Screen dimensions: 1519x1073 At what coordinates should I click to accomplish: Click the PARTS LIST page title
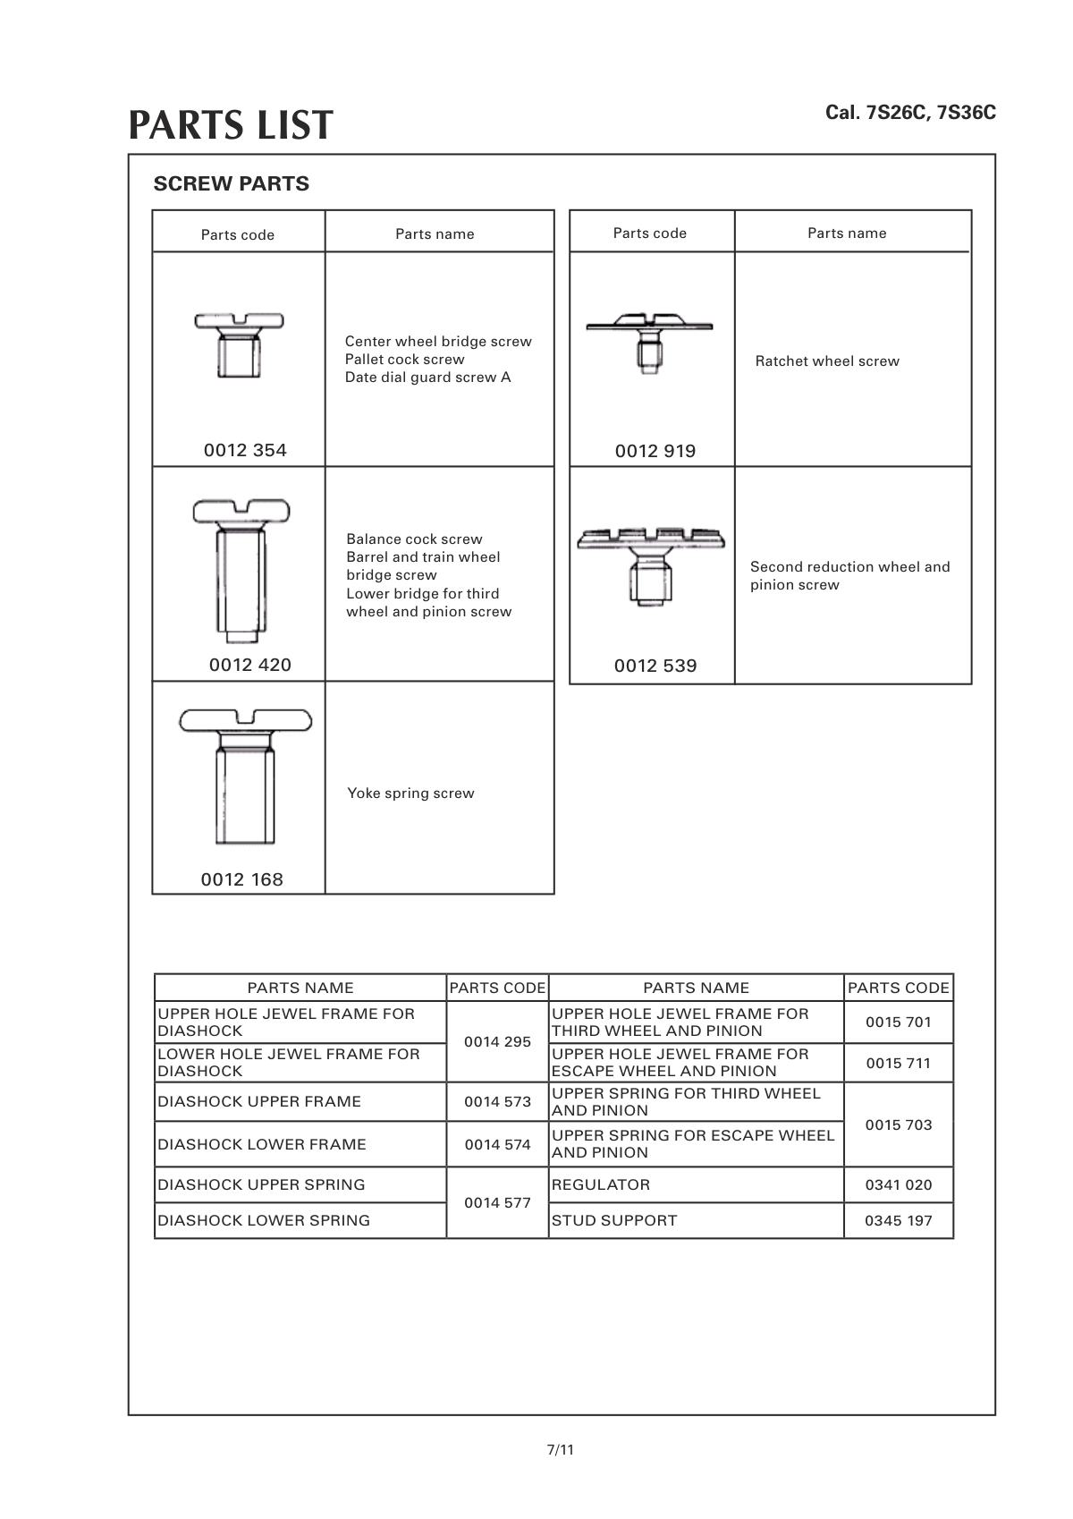click(231, 125)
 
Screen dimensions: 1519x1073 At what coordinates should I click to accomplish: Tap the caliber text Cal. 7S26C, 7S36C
click(909, 113)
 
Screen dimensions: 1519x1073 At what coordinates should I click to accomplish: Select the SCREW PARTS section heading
click(231, 184)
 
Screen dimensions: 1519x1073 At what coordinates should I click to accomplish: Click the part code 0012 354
click(245, 450)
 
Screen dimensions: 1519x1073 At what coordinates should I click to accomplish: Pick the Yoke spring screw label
click(410, 793)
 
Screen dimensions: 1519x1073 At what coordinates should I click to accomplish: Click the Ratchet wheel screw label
click(827, 361)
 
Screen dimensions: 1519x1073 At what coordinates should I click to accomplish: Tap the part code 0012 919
click(655, 451)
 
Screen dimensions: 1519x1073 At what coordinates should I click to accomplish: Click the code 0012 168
click(241, 879)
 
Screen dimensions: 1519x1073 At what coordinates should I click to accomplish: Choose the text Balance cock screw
click(414, 539)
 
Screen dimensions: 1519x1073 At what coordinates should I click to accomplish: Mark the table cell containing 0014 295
click(497, 1042)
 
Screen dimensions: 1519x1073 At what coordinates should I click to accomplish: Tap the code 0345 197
click(898, 1220)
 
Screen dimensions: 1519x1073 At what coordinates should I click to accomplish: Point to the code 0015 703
click(898, 1124)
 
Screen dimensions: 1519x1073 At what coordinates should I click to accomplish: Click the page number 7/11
click(560, 1449)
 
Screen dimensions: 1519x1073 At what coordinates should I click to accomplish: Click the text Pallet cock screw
click(404, 360)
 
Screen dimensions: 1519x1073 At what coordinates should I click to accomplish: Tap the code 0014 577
click(497, 1202)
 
